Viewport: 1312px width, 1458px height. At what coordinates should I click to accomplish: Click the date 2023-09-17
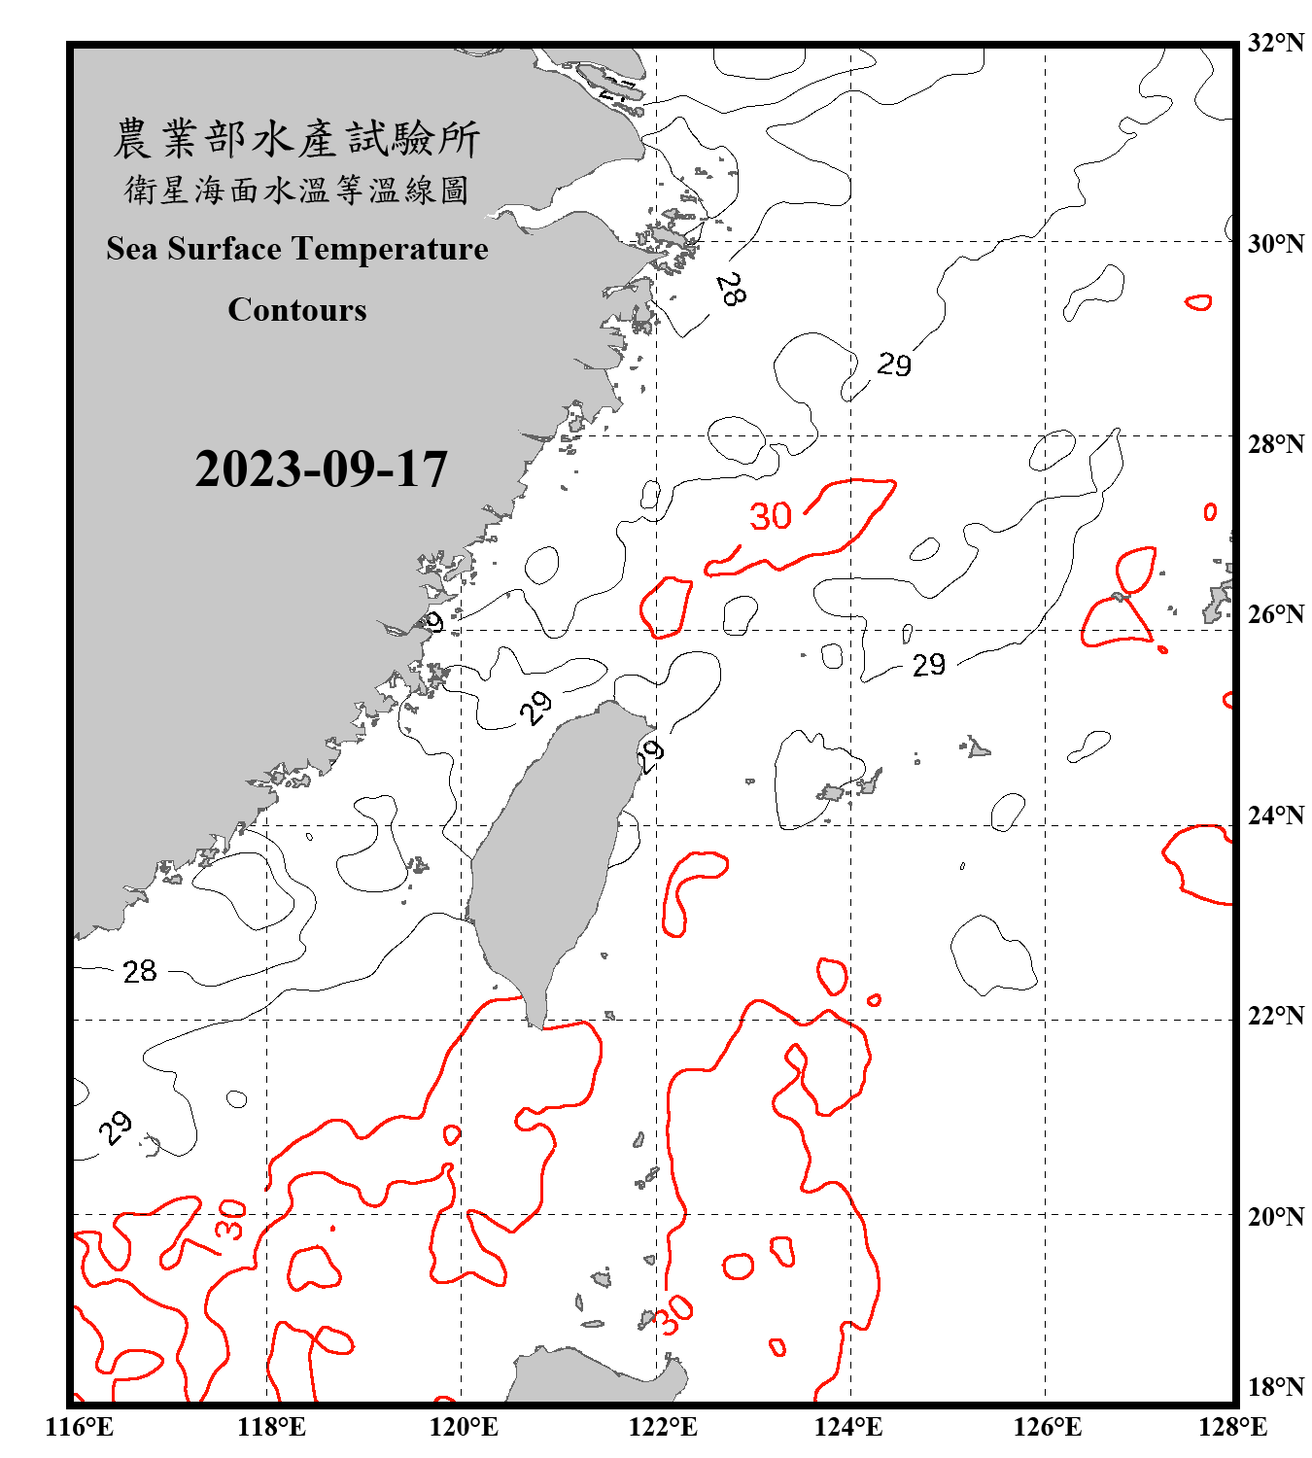(321, 469)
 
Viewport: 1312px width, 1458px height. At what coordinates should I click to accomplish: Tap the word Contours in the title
(297, 310)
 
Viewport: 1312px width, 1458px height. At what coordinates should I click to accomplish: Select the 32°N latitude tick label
(1275, 43)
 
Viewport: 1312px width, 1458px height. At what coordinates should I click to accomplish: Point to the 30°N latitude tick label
(1275, 243)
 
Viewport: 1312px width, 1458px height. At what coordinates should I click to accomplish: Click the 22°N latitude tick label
(1275, 1016)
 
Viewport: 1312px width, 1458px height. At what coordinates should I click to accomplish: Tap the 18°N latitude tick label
(1275, 1387)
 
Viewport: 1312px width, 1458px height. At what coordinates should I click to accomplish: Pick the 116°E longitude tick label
(80, 1427)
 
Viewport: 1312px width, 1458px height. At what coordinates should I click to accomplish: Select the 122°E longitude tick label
(663, 1427)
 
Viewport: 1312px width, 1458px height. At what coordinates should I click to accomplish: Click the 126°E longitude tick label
(1048, 1427)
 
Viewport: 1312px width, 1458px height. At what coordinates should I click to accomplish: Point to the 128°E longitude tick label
(1232, 1427)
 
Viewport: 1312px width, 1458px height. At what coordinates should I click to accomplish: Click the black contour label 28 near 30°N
(730, 289)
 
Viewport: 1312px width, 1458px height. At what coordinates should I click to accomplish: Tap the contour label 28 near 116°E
(140, 971)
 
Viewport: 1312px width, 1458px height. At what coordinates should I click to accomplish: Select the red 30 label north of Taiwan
(771, 516)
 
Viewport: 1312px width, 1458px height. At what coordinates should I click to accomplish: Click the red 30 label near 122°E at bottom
(673, 1314)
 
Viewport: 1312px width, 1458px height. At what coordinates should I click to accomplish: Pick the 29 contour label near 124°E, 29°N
(894, 364)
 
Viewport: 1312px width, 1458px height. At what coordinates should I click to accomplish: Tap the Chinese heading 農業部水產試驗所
(296, 139)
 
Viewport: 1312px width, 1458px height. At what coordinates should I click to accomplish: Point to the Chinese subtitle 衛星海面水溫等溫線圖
(296, 190)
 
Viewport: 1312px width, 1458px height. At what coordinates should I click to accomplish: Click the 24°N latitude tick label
(1275, 816)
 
